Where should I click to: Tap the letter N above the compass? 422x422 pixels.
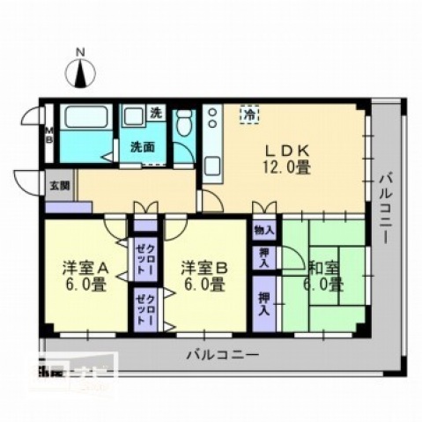(x=81, y=53)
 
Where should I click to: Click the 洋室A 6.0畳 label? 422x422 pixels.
(x=85, y=275)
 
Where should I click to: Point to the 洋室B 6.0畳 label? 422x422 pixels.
(x=204, y=275)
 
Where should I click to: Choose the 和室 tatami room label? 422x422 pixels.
(x=322, y=275)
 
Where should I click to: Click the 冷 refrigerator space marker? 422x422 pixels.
(x=250, y=115)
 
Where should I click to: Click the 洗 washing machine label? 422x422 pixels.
(x=155, y=113)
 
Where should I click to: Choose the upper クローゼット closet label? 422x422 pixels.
(x=142, y=258)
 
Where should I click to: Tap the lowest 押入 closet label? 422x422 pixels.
(x=263, y=304)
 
